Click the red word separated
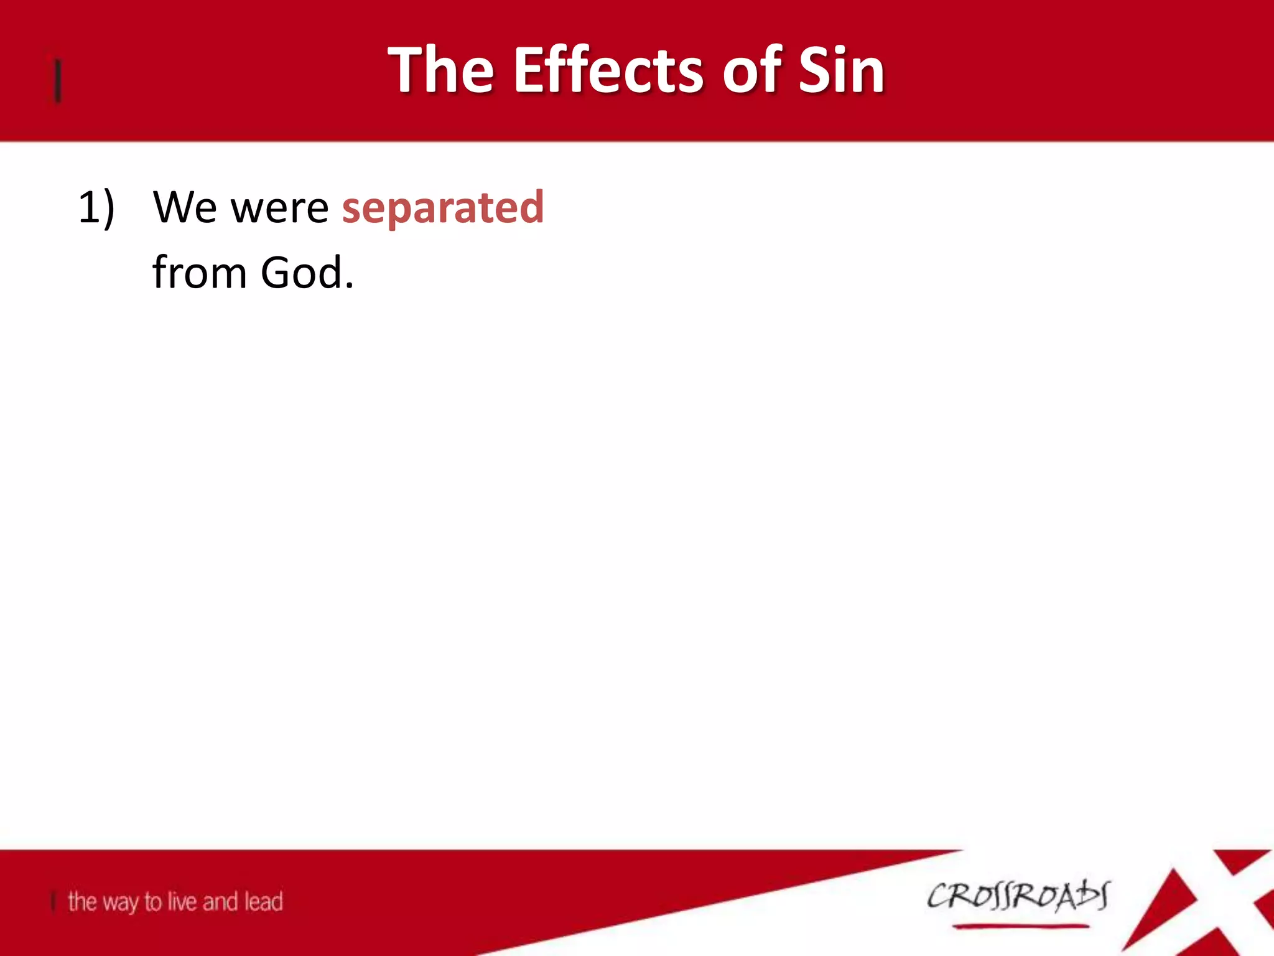[443, 207]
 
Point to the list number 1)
[96, 207]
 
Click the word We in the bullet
[185, 207]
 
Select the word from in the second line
[200, 273]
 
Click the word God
[302, 273]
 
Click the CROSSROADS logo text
[1018, 896]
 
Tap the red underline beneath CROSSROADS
[1020, 926]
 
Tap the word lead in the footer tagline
[264, 902]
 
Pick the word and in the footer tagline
[220, 902]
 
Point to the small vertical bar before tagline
[54, 902]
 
